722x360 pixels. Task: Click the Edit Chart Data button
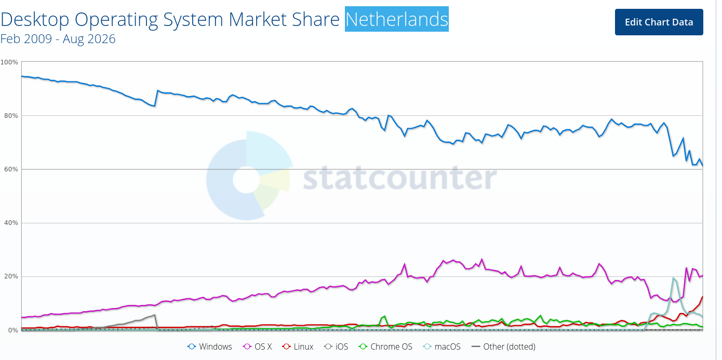pyautogui.click(x=659, y=22)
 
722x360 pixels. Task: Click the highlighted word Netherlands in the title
pyautogui.click(x=396, y=19)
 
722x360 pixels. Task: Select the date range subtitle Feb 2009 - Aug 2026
pyautogui.click(x=58, y=38)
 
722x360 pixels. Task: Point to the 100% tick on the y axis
pyautogui.click(x=9, y=62)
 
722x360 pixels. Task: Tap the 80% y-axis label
pyautogui.click(x=11, y=116)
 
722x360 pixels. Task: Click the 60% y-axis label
pyautogui.click(x=11, y=169)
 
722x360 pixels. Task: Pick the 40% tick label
pyautogui.click(x=11, y=223)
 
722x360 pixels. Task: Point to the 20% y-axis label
pyautogui.click(x=11, y=276)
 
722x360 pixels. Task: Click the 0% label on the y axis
pyautogui.click(x=13, y=330)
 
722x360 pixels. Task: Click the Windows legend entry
pyautogui.click(x=209, y=346)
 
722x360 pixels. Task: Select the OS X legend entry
pyautogui.click(x=258, y=346)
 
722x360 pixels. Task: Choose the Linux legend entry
pyautogui.click(x=298, y=346)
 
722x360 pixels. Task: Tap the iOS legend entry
pyautogui.click(x=336, y=346)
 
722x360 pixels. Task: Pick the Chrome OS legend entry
pyautogui.click(x=385, y=346)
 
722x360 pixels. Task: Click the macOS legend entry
pyautogui.click(x=442, y=346)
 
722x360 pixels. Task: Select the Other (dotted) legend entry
pyautogui.click(x=503, y=346)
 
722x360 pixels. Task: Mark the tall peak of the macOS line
pyautogui.click(x=673, y=278)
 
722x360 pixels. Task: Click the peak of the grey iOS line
pyautogui.click(x=155, y=315)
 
